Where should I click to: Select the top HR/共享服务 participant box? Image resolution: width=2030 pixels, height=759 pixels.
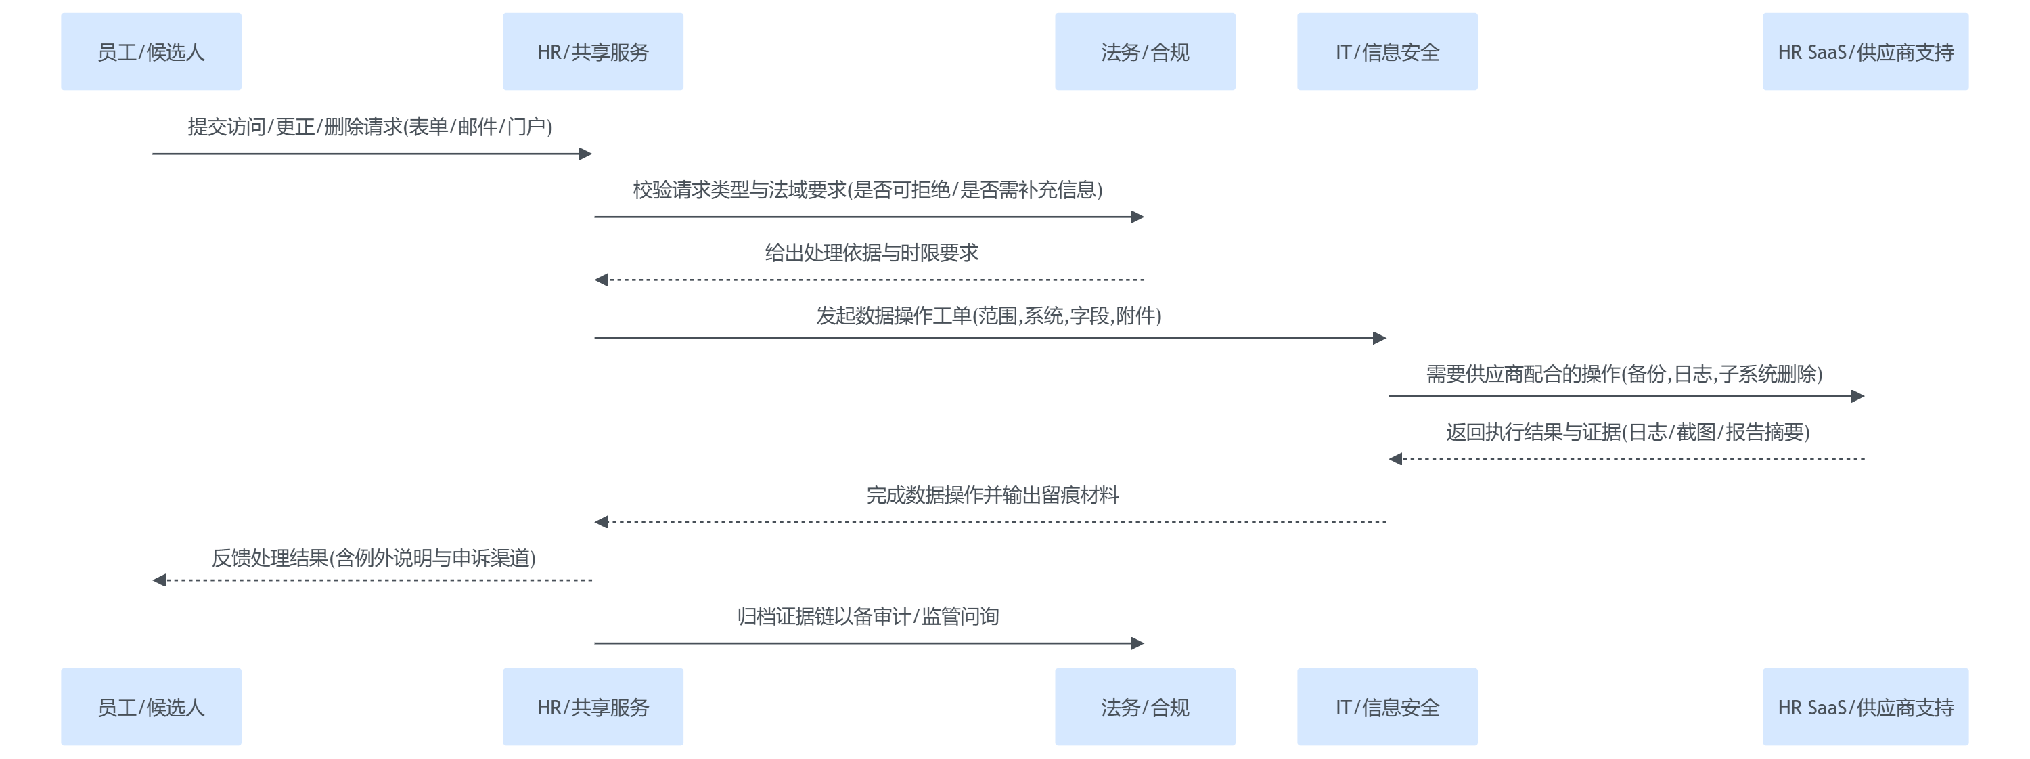593,51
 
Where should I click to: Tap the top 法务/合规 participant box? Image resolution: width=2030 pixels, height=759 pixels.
1144,51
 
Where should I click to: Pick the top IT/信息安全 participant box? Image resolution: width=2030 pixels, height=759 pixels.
1386,51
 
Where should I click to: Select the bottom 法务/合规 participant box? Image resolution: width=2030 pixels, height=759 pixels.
1144,707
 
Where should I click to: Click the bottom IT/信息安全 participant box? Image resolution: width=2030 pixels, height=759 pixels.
1386,707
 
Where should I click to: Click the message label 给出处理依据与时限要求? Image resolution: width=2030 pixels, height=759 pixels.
871,253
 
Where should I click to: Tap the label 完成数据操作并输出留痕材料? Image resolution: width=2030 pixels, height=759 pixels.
992,496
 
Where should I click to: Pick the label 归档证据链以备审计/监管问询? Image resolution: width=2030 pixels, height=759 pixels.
867,616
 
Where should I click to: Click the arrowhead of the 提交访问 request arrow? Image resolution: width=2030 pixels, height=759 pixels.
585,154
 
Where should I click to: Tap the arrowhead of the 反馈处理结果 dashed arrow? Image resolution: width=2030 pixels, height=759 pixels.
159,580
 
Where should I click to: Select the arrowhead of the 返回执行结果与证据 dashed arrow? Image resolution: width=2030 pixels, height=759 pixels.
1395,458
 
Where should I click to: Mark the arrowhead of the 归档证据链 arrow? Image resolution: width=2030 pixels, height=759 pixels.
1137,643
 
